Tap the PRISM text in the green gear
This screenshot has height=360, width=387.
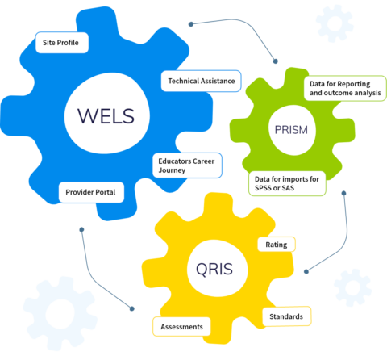point(290,129)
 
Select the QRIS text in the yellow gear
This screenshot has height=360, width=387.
point(214,268)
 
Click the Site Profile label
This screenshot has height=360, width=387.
point(61,40)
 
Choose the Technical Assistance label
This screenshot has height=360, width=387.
point(201,81)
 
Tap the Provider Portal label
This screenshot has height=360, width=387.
point(91,192)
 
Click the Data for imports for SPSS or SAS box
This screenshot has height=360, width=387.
point(287,183)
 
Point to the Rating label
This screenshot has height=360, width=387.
point(276,244)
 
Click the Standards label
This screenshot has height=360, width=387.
point(286,316)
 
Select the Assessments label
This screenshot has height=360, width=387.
point(181,326)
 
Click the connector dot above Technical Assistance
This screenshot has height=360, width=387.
point(190,24)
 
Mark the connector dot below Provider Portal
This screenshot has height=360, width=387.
point(81,229)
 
